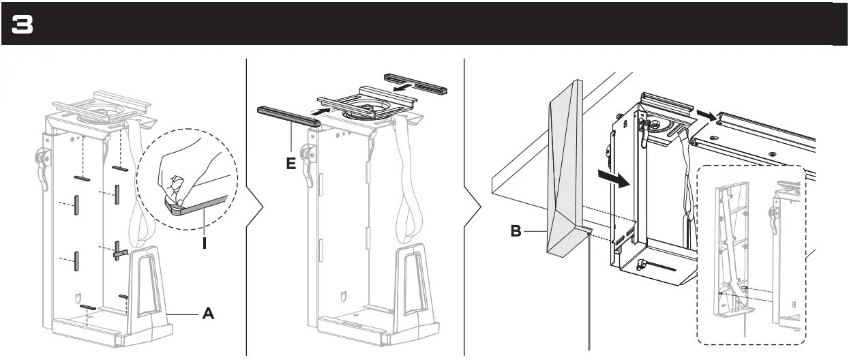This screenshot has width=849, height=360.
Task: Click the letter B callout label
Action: [518, 231]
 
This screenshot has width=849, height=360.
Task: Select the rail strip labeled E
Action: [288, 116]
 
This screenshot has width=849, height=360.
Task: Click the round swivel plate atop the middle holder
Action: [368, 107]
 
